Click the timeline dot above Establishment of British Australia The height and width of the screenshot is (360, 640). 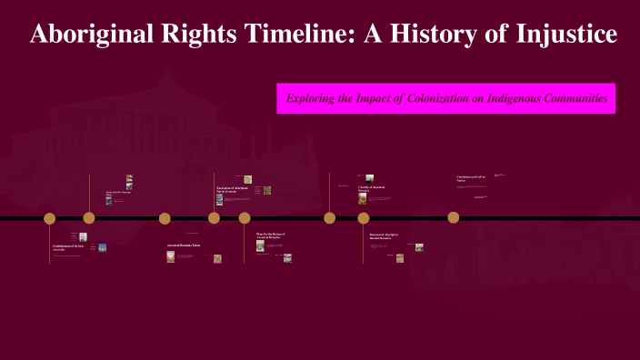(x=50, y=218)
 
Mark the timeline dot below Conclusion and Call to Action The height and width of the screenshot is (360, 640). (x=453, y=217)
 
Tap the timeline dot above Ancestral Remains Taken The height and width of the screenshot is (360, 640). (x=165, y=218)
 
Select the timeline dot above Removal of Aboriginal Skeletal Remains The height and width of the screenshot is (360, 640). (x=364, y=218)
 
